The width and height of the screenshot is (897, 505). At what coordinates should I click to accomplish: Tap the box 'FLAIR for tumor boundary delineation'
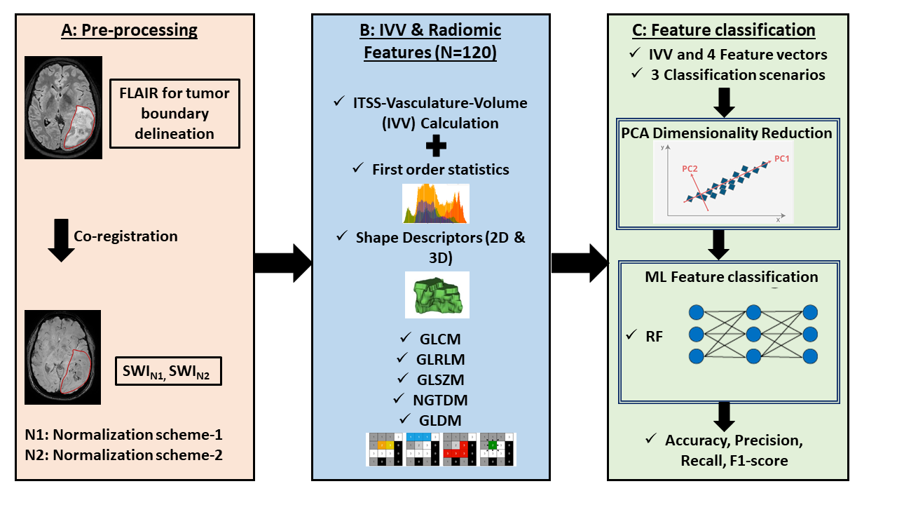click(x=174, y=114)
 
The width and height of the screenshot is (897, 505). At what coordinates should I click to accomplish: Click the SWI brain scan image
click(x=62, y=357)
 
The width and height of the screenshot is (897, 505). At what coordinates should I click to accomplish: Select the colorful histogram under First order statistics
click(x=435, y=203)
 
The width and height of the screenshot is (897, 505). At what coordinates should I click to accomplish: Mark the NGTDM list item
click(x=440, y=400)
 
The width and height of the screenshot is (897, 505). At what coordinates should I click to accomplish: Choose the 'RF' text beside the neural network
click(x=653, y=336)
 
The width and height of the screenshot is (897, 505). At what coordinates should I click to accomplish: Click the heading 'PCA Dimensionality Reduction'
click(x=726, y=133)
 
